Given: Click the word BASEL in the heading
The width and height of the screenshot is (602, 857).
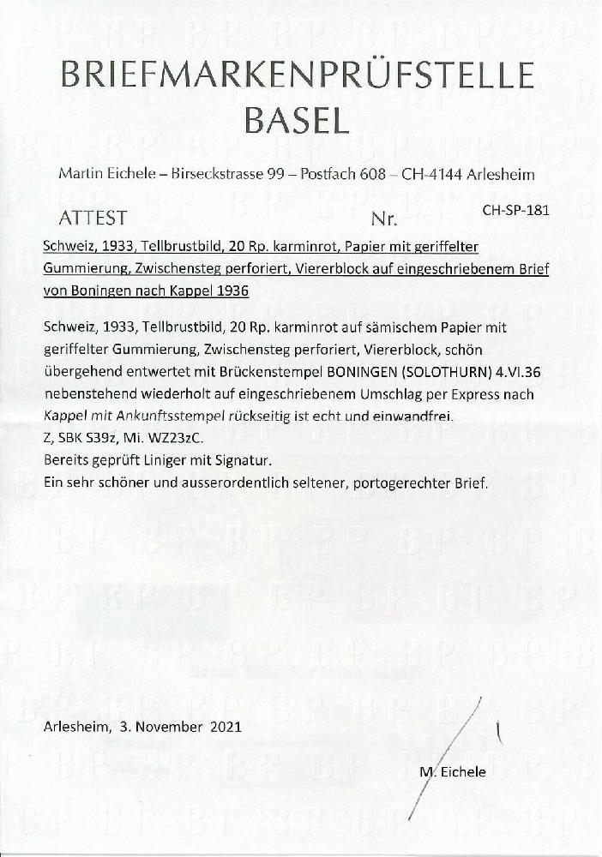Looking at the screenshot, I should [x=297, y=121].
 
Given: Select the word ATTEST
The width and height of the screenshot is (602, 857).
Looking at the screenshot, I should [x=93, y=218].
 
